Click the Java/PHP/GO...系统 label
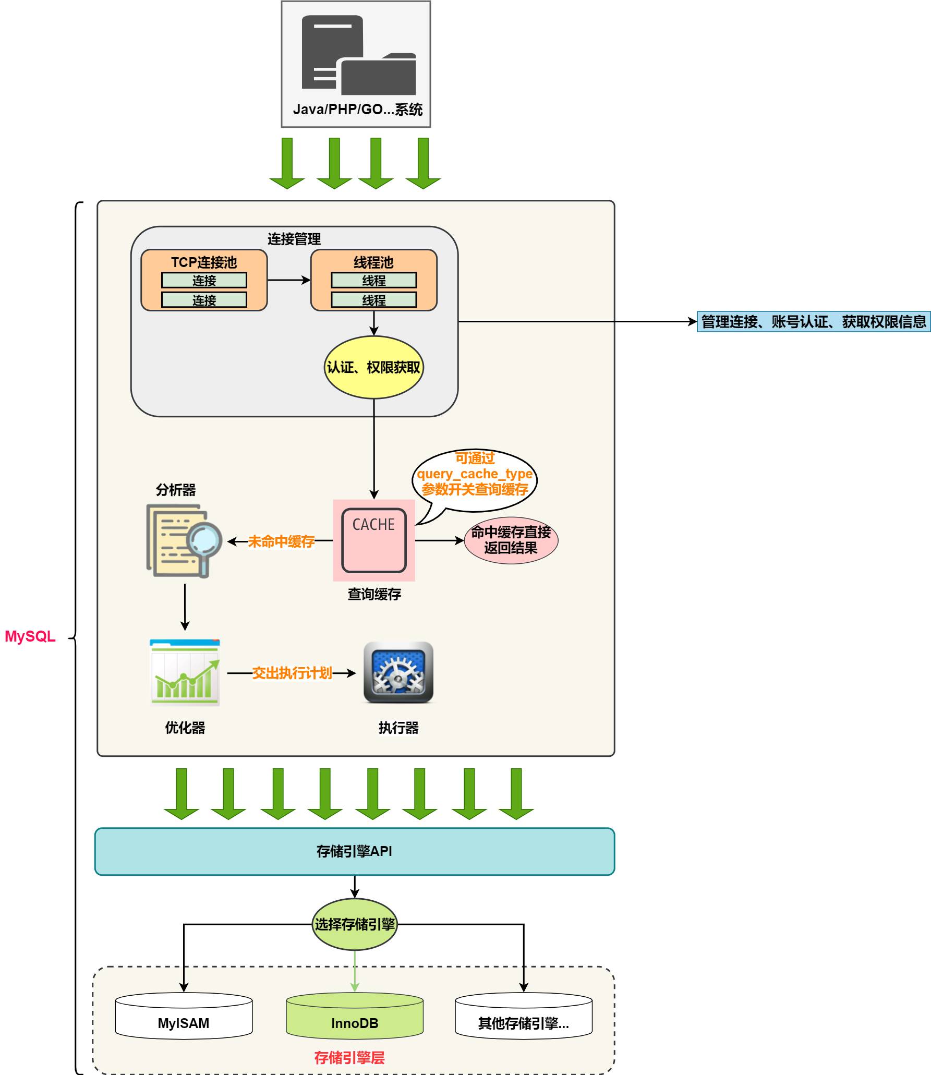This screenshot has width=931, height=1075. pos(357,110)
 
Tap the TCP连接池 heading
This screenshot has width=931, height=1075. pos(204,262)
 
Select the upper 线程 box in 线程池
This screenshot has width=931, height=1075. pos(373,281)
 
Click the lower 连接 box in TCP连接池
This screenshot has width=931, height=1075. pos(204,300)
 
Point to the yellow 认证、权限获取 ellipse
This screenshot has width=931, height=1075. pos(373,367)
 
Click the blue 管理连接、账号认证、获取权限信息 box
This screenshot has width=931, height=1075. pos(813,322)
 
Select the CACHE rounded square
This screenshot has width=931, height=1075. pos(373,540)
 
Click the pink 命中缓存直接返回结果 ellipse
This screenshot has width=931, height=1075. pos(511,540)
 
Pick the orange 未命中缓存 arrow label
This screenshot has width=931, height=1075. pos(281,541)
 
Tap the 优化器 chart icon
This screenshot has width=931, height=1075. pos(185,672)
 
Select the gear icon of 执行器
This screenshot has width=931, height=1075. pos(398,672)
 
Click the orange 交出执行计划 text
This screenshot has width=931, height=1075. pos(292,673)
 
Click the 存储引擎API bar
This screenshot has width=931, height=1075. pos(354,851)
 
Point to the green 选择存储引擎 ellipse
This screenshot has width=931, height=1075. pos(354,924)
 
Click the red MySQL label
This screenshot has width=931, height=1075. pos(30,636)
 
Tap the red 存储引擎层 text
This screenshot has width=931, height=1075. pos(349,1057)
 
